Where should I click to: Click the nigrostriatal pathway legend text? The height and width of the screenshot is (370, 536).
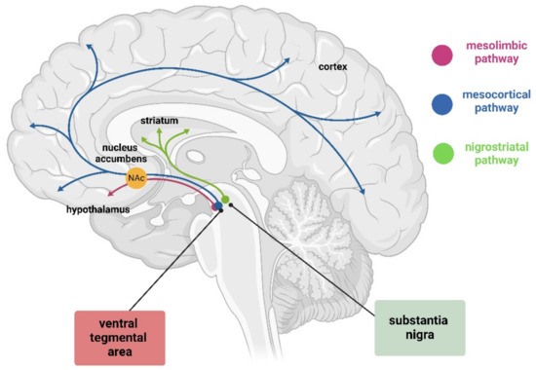coord(497,158)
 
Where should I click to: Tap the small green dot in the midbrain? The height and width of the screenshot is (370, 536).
coord(226,199)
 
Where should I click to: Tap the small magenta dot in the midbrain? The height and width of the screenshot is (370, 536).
coord(216,205)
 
